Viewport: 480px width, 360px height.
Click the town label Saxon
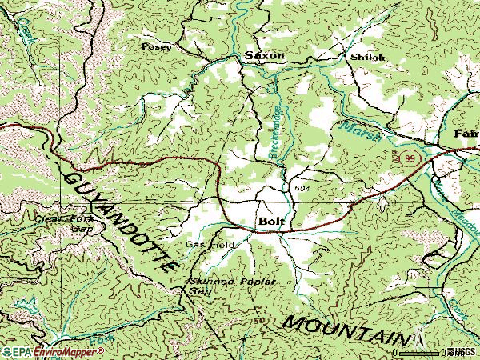coord(264,56)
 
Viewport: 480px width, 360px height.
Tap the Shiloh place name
coord(367,57)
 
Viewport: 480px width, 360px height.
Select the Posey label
coord(156,47)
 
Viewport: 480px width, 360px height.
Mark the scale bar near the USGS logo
coord(424,350)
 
